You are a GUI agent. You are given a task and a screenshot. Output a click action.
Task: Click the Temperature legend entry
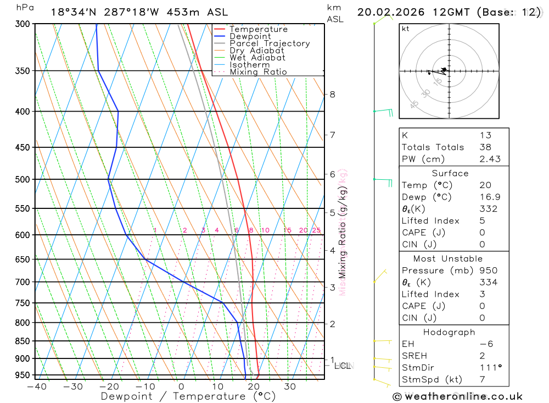(x=258, y=29)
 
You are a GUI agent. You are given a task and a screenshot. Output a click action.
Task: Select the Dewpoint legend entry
(x=250, y=36)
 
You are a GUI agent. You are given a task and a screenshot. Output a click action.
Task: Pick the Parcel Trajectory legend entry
(x=270, y=43)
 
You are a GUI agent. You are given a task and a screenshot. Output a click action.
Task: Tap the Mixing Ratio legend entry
(x=258, y=72)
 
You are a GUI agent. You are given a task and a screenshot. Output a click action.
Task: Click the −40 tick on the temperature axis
(x=36, y=387)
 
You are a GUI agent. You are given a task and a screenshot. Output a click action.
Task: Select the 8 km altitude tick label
(x=333, y=94)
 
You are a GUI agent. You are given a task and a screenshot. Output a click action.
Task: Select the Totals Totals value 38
(x=485, y=147)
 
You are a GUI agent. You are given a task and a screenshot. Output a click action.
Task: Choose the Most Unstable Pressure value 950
(x=488, y=270)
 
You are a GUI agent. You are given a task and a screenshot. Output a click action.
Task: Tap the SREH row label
(x=414, y=356)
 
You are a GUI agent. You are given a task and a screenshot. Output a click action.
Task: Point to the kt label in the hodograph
(x=406, y=29)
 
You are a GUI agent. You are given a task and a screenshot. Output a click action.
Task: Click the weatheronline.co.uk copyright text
(x=457, y=396)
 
